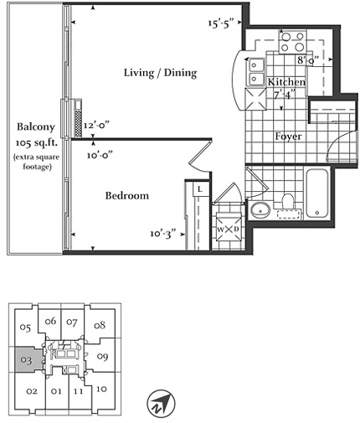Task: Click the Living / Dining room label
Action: (160, 73)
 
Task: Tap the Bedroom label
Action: (127, 195)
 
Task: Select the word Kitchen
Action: (286, 82)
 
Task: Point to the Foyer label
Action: (288, 137)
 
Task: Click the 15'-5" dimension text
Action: (220, 23)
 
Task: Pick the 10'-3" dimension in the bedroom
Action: (163, 233)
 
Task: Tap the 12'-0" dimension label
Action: (95, 126)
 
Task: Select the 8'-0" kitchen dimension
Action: (308, 60)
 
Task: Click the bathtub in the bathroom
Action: (316, 193)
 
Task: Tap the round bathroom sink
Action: (260, 210)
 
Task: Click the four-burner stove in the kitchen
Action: (292, 42)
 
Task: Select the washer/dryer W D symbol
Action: (229, 230)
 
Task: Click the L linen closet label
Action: (200, 189)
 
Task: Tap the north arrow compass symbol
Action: (161, 403)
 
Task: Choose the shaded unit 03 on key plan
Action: (28, 359)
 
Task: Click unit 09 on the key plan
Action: (102, 357)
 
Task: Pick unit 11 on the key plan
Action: (78, 391)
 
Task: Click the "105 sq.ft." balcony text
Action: (36, 143)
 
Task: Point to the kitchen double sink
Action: (255, 72)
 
